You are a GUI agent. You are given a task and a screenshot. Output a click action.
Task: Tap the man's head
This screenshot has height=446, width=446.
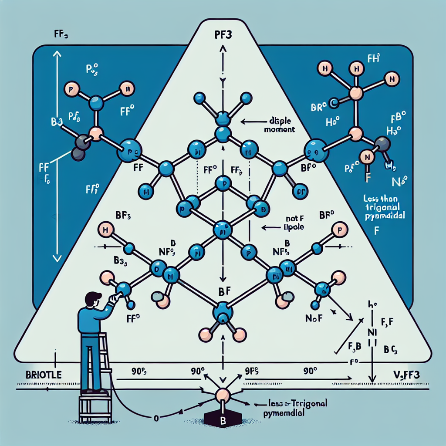[x=93, y=300]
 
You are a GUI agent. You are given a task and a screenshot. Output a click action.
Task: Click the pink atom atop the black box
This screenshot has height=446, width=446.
[x=223, y=396]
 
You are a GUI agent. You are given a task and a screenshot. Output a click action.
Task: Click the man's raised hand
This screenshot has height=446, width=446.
[x=114, y=297]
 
